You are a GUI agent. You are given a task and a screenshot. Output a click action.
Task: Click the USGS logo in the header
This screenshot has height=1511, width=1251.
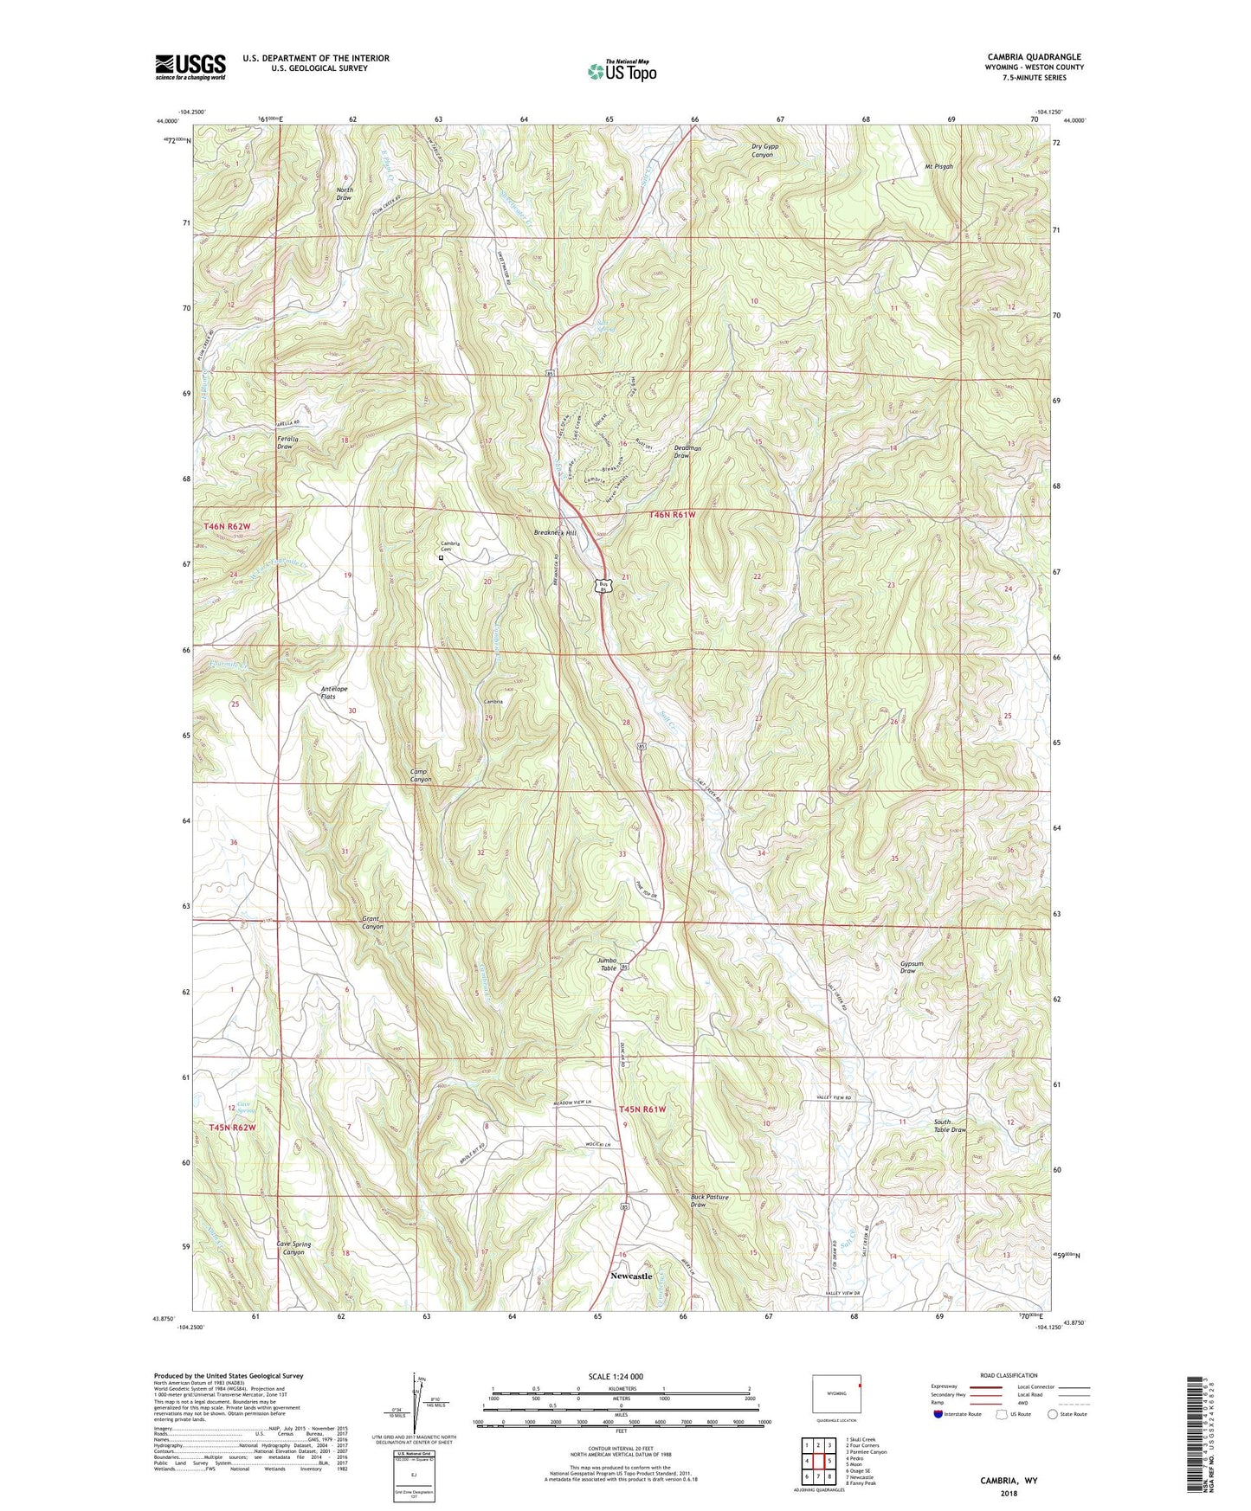190,67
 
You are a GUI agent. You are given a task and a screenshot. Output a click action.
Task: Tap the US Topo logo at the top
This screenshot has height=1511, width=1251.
622,71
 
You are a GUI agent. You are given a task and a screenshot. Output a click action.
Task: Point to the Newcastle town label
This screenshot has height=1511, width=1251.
630,1276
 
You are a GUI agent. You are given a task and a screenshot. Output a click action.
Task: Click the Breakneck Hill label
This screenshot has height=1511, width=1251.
555,533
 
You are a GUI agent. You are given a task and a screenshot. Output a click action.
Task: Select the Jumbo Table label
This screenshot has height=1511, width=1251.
608,964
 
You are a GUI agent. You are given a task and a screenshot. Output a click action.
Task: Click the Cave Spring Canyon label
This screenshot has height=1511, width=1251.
293,1248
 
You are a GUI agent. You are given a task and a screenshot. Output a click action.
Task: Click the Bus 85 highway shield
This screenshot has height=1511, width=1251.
605,586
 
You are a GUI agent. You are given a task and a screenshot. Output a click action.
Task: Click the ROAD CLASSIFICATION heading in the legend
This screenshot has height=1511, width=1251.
1009,1375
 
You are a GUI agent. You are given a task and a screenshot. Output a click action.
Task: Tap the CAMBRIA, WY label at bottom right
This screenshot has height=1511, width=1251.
1009,1481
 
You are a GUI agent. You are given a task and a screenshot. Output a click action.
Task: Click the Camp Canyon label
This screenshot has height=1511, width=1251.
420,775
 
